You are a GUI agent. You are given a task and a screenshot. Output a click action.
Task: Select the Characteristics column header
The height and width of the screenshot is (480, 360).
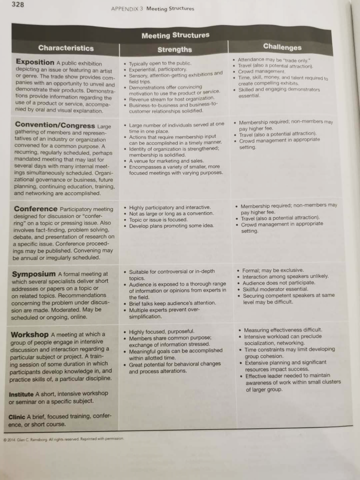(65, 48)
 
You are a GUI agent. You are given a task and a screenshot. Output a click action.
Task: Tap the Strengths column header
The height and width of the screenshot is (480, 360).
(174, 49)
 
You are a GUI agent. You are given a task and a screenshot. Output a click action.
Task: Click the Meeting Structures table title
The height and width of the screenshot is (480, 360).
(175, 35)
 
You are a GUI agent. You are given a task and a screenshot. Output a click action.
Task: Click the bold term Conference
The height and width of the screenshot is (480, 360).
(35, 208)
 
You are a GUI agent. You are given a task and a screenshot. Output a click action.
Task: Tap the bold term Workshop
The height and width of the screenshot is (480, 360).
(30, 334)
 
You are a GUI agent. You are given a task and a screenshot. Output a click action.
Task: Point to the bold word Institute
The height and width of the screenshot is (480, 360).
(21, 394)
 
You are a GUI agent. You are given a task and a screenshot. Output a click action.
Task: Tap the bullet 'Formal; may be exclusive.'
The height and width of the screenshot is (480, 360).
(272, 270)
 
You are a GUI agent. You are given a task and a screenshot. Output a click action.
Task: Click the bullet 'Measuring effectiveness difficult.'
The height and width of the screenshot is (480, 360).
(283, 330)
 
